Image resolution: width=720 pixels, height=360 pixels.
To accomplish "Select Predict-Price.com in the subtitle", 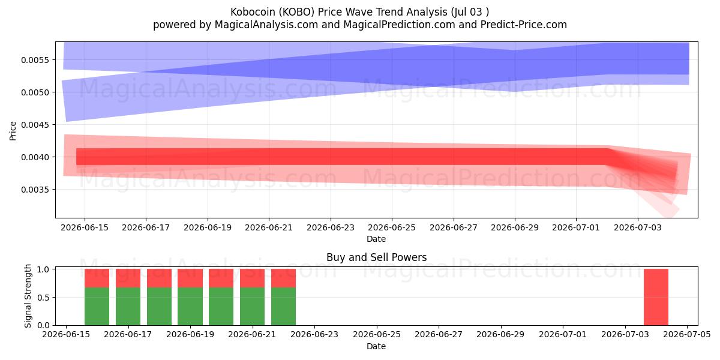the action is click(524, 25).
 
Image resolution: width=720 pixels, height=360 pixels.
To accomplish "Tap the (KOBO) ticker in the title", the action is click(296, 12).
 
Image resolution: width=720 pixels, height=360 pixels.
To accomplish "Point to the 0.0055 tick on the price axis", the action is click(35, 60).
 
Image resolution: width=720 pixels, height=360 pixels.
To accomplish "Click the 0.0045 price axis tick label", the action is click(35, 125).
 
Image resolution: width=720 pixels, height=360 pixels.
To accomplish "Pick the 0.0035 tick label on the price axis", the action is click(35, 190).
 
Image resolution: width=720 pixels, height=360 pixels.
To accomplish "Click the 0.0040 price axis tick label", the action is click(35, 157).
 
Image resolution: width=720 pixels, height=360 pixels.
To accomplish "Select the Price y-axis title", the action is click(13, 131).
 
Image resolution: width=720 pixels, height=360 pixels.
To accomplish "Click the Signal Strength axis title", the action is click(28, 296).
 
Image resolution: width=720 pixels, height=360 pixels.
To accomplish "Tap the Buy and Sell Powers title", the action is click(376, 257).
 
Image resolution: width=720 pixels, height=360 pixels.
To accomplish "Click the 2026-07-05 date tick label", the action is click(687, 335).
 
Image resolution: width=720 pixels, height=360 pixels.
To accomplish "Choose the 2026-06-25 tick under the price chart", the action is click(392, 227).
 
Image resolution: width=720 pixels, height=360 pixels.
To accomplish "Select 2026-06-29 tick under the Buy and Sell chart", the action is click(500, 335).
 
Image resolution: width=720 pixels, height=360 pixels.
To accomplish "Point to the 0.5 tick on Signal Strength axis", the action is click(43, 298).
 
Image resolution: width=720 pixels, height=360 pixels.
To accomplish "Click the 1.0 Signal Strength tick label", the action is click(43, 269).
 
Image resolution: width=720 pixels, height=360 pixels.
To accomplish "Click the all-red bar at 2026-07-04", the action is click(656, 297).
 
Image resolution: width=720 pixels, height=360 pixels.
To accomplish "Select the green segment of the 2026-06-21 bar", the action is click(253, 307).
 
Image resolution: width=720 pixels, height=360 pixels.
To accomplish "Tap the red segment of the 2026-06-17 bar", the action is click(128, 278).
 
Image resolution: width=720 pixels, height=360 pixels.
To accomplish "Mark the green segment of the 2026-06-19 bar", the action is click(190, 307).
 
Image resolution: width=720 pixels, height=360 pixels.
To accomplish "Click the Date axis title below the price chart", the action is click(376, 239).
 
